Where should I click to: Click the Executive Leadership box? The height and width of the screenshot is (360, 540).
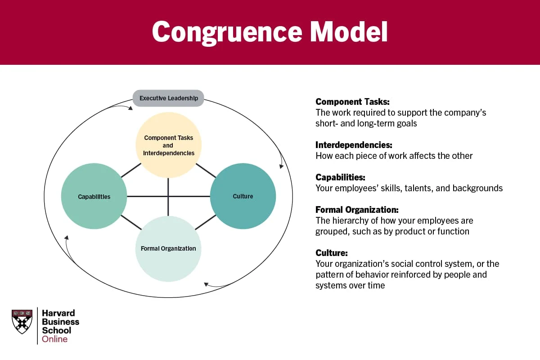point(168,98)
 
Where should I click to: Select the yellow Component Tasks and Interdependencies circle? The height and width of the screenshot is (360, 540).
point(169,145)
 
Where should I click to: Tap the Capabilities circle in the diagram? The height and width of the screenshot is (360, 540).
point(94,196)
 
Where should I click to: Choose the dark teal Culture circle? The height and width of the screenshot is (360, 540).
point(243,196)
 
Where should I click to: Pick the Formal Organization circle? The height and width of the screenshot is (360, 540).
point(168,248)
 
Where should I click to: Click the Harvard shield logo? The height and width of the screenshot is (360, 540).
point(22,321)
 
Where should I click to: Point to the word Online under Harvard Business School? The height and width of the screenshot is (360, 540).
point(55,339)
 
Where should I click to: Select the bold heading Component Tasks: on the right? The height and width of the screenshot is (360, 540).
point(352,102)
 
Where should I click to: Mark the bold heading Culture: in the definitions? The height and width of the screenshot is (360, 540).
point(332,253)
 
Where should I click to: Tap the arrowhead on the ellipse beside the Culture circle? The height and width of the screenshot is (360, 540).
point(282,166)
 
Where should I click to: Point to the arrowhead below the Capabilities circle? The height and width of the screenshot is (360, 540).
point(66,237)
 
